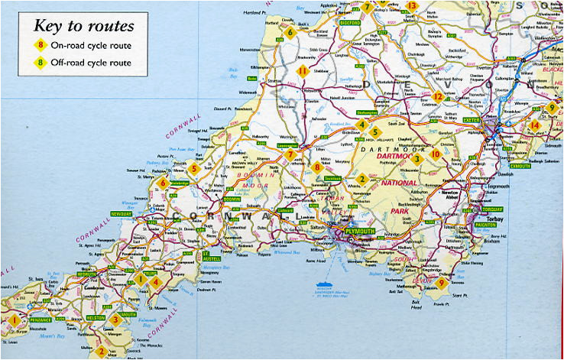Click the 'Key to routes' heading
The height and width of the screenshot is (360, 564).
point(83,25)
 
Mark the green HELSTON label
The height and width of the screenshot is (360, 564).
point(96,316)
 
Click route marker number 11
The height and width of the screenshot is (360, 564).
point(303,72)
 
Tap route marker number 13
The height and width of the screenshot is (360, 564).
point(412,6)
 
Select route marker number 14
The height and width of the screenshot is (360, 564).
point(535,125)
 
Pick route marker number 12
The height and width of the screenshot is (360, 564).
point(438,97)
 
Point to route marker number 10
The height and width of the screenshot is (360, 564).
point(435,154)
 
